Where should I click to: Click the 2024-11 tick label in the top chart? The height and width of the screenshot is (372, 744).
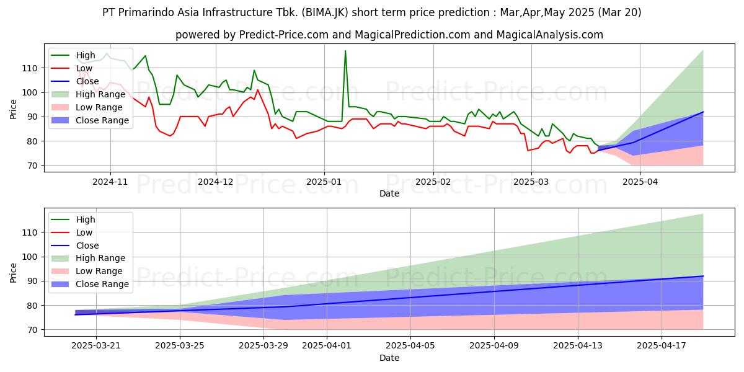point(110,182)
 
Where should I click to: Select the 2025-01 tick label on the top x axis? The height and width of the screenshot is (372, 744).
point(324,182)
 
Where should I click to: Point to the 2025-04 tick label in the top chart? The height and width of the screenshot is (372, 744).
point(640,182)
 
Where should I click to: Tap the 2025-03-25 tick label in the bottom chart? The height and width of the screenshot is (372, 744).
point(180,346)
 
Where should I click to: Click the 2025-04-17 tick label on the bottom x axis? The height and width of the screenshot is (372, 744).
point(662,346)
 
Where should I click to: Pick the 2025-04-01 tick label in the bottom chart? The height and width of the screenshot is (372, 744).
point(327,346)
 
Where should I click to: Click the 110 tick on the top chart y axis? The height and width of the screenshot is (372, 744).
point(30,68)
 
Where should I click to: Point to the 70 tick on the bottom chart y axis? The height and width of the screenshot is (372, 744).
point(32,330)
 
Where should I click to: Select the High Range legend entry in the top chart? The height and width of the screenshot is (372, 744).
point(88,94)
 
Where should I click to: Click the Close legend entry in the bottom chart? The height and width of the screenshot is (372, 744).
point(75,246)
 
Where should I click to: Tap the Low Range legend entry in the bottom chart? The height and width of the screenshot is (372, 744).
point(87,271)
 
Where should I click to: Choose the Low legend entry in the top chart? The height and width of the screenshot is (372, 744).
point(72,68)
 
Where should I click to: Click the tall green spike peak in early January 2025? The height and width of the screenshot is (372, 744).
point(345,51)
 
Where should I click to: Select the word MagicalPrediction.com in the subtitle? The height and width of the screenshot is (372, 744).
point(412,35)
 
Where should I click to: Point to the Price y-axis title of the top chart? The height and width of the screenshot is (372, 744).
point(13,109)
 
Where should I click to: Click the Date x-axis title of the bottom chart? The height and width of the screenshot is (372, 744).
point(389,358)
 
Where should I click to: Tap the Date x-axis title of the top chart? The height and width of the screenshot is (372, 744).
point(389,193)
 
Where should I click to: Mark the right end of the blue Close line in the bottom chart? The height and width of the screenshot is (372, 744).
point(703,276)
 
